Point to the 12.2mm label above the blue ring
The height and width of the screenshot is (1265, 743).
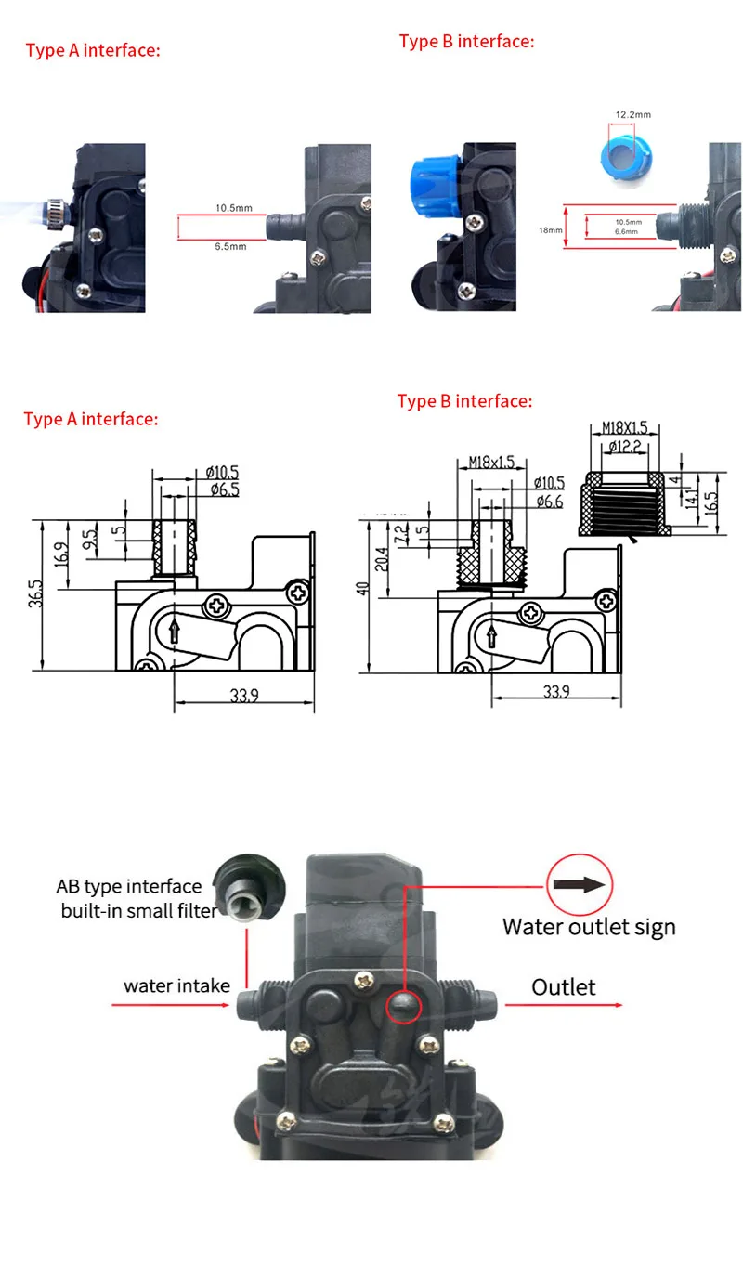(x=632, y=115)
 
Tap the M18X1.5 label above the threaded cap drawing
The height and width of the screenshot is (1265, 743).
(x=624, y=427)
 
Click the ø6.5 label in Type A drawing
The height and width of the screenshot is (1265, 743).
(x=223, y=489)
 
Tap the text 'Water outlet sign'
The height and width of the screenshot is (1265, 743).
(x=589, y=926)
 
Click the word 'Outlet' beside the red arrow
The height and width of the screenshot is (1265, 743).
(x=563, y=986)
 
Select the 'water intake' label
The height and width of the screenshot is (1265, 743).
(x=176, y=985)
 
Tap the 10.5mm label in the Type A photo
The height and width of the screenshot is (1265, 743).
(x=234, y=208)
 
